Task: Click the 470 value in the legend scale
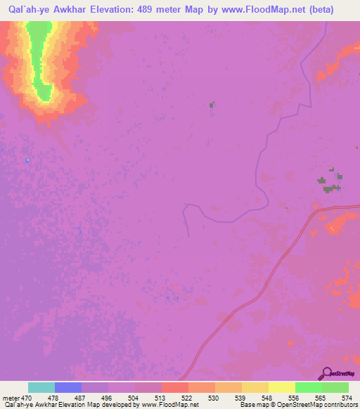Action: click(22, 398)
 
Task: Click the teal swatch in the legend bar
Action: click(41, 388)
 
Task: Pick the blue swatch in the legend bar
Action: click(68, 388)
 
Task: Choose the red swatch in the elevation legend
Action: click(175, 388)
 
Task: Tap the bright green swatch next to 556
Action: click(309, 388)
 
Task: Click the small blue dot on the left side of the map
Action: click(27, 160)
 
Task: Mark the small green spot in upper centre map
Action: click(212, 105)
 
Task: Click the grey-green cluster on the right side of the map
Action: click(331, 183)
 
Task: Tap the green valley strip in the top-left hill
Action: click(39, 60)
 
